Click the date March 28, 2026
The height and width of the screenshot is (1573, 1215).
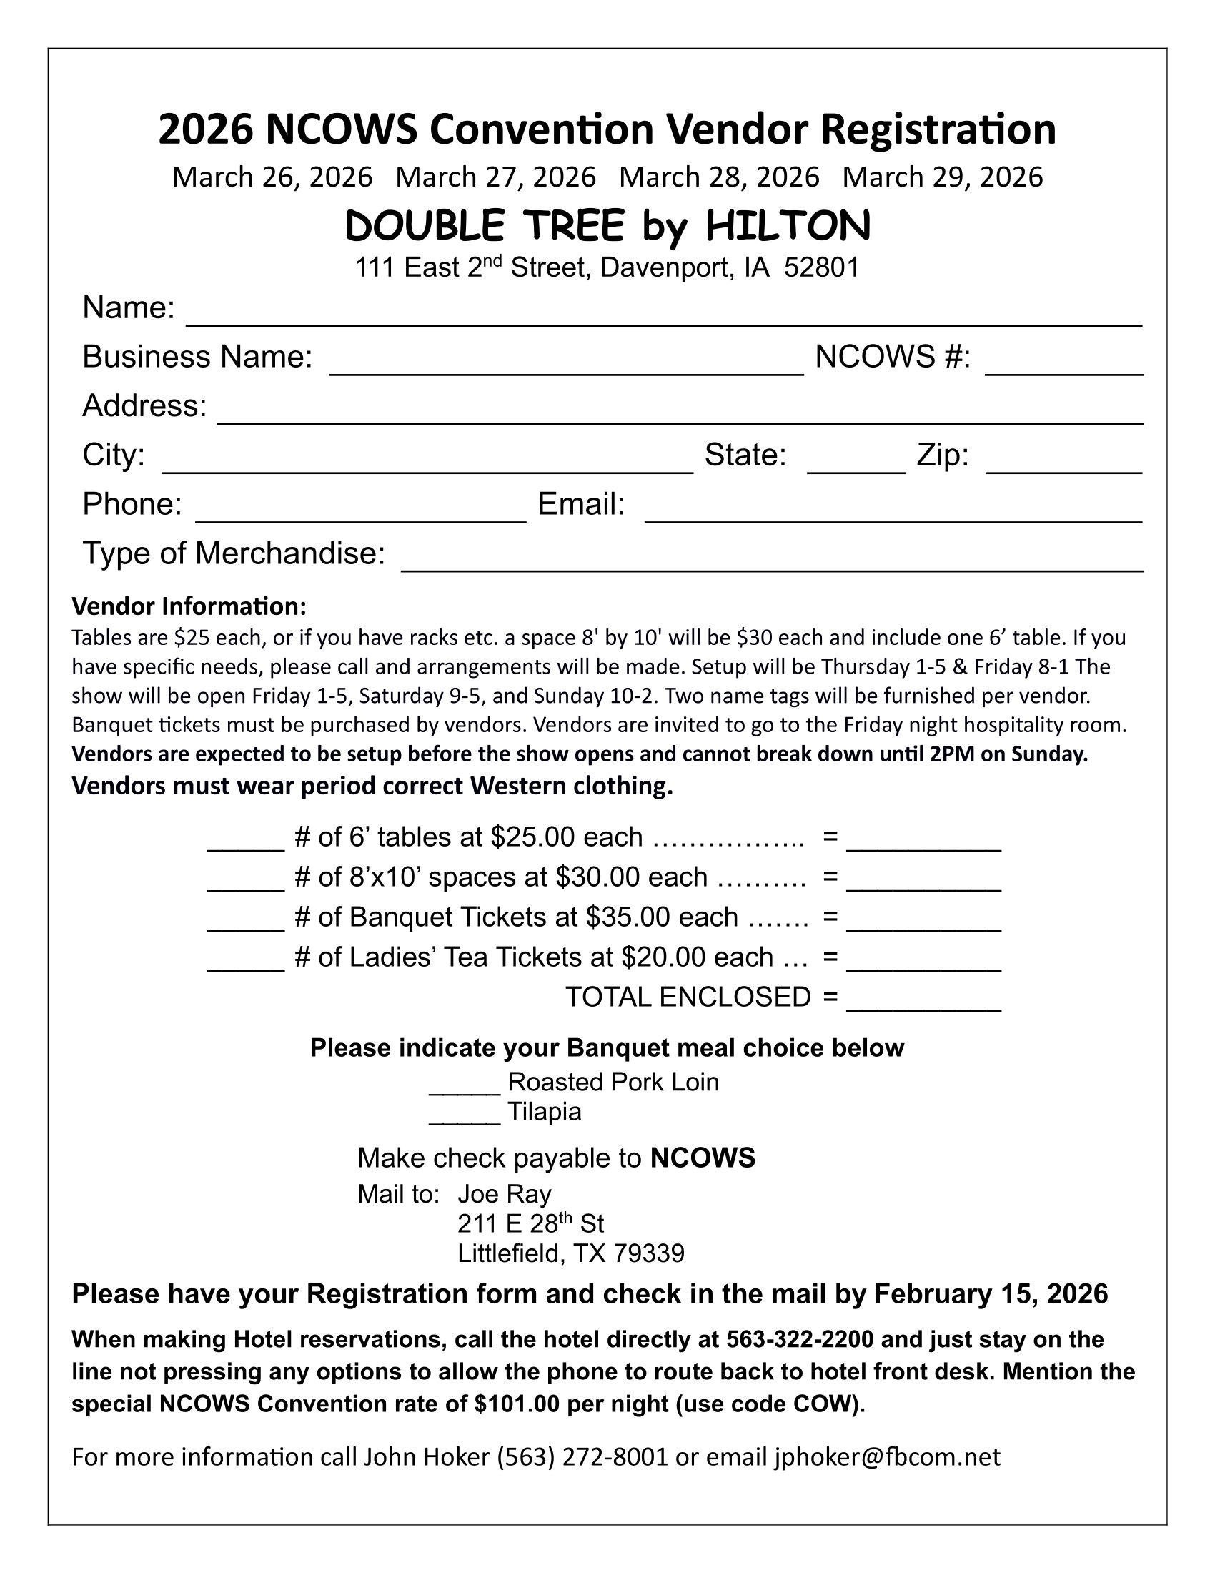point(719,177)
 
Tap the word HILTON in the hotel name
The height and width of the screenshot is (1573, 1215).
point(788,225)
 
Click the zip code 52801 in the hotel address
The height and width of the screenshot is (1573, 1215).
point(821,268)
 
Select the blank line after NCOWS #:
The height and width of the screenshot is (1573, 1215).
point(1063,368)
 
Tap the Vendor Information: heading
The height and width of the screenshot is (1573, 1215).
point(189,606)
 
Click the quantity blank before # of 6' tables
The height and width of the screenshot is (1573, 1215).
point(245,844)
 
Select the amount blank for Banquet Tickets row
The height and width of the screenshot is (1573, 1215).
point(923,924)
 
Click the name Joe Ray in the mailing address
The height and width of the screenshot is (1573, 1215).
point(505,1194)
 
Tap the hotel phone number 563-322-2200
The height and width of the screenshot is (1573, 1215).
point(800,1340)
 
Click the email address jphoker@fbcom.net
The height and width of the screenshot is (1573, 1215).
point(887,1457)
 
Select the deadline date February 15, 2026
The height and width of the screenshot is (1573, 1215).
point(991,1294)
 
